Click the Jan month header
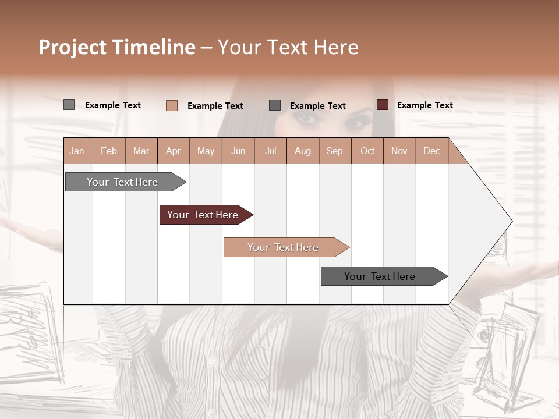77,151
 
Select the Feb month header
109,151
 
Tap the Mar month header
141,151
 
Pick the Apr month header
173,151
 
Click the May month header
206,151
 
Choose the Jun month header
238,151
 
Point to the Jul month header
270,151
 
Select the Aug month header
302,151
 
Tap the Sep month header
334,151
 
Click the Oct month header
367,151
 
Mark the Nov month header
399,151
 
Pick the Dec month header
431,151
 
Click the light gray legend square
69,105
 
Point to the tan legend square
171,105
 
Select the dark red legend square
382,105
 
